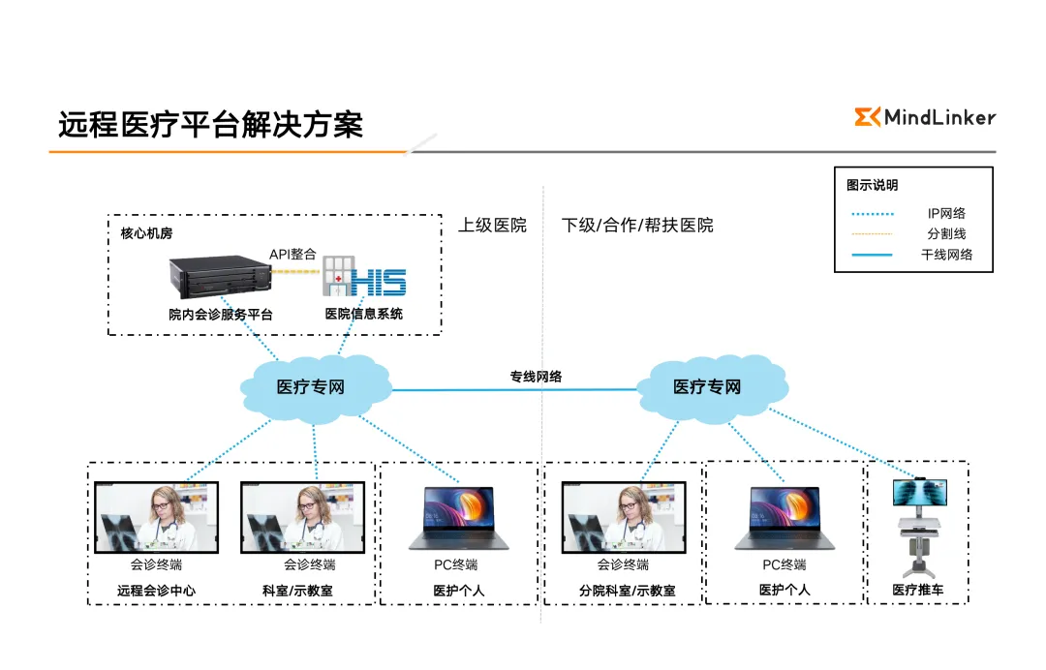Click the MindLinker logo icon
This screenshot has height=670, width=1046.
pyautogui.click(x=867, y=117)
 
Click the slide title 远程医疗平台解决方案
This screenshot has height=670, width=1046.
pyautogui.click(x=210, y=125)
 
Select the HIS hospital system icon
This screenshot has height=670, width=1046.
pyautogui.click(x=364, y=278)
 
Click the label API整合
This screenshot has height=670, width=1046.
pyautogui.click(x=292, y=254)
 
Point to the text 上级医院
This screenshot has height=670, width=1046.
pyautogui.click(x=492, y=226)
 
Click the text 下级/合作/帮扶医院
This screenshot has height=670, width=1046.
pyautogui.click(x=637, y=226)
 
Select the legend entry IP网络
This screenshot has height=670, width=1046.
pyautogui.click(x=945, y=213)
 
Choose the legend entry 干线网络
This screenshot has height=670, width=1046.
pyautogui.click(x=945, y=255)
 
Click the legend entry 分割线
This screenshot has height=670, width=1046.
pyautogui.click(x=945, y=233)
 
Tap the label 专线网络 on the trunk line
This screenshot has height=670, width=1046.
pyautogui.click(x=536, y=377)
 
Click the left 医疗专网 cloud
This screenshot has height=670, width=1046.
pyautogui.click(x=311, y=386)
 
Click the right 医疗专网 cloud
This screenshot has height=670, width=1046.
pyautogui.click(x=707, y=386)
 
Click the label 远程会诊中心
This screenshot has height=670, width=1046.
pyautogui.click(x=156, y=591)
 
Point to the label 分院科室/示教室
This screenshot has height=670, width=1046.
pyautogui.click(x=627, y=591)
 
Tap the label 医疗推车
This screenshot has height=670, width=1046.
pyautogui.click(x=917, y=590)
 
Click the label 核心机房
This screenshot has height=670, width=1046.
pyautogui.click(x=146, y=233)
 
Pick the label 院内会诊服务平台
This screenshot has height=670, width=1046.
pyautogui.click(x=220, y=314)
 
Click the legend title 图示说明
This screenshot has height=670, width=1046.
pyautogui.click(x=872, y=185)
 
